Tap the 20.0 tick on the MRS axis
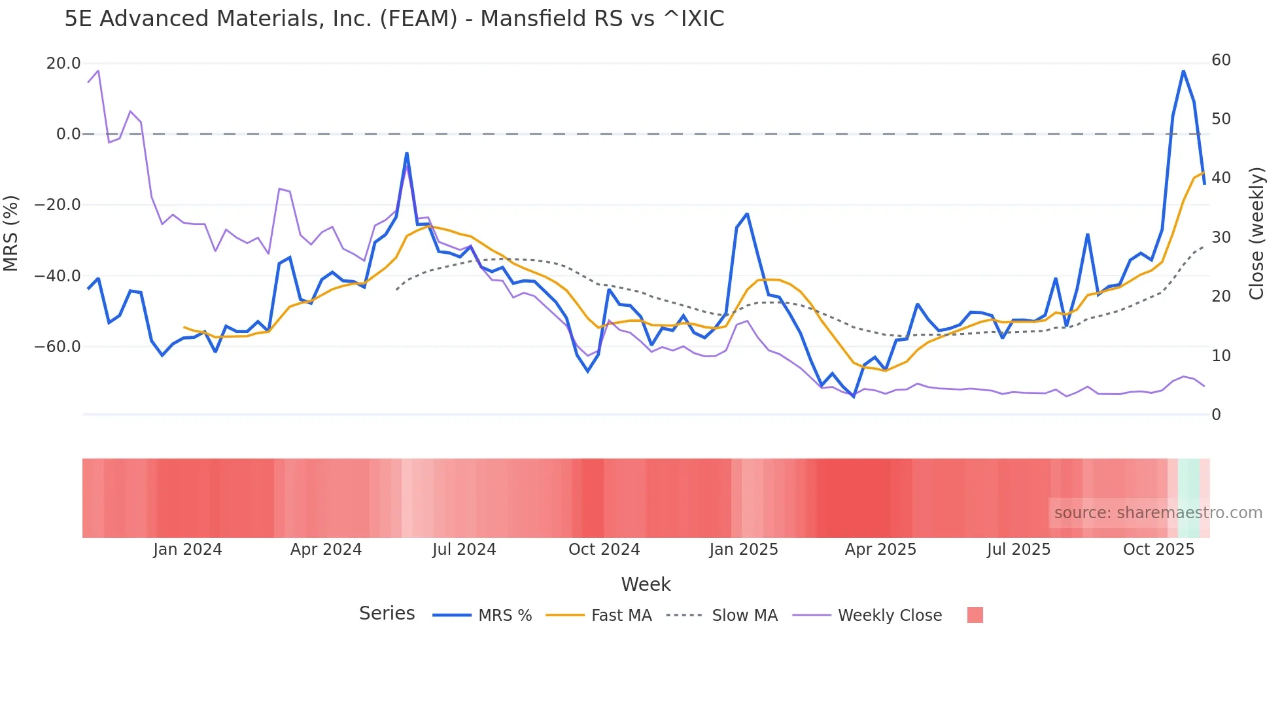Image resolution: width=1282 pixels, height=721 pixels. pyautogui.click(x=63, y=63)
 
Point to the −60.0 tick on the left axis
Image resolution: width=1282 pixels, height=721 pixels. pyautogui.click(x=58, y=346)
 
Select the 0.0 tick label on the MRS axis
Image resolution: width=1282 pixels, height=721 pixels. pyautogui.click(x=68, y=134)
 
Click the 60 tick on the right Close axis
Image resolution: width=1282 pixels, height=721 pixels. pyautogui.click(x=1221, y=60)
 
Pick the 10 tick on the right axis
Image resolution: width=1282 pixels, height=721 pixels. pyautogui.click(x=1221, y=356)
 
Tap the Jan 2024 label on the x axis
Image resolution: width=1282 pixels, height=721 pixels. pyautogui.click(x=188, y=550)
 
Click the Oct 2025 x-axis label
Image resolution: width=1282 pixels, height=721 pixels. pyautogui.click(x=1158, y=550)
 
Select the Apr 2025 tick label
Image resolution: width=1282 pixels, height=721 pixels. pyautogui.click(x=880, y=550)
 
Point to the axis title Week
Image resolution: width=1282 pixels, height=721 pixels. pyautogui.click(x=646, y=584)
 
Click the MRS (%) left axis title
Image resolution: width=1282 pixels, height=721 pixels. pyautogui.click(x=11, y=233)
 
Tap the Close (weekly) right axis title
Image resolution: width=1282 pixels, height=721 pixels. pyautogui.click(x=1256, y=233)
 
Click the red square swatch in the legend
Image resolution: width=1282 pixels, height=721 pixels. pyautogui.click(x=975, y=615)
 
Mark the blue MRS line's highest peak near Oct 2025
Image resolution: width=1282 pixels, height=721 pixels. pyautogui.click(x=1183, y=71)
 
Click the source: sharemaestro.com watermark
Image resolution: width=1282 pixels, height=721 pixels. pyautogui.click(x=1158, y=513)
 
